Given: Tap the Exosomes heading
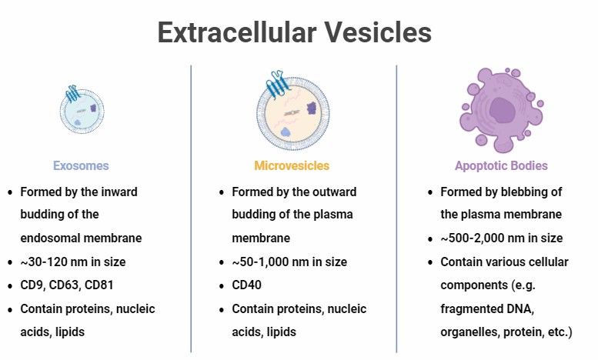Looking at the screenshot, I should [81, 165].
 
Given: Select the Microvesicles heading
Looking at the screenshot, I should [292, 165].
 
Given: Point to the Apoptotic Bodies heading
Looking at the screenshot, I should [501, 165].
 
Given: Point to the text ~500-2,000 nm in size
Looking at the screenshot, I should [501, 238].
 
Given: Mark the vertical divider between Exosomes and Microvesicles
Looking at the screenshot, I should [191, 208].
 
